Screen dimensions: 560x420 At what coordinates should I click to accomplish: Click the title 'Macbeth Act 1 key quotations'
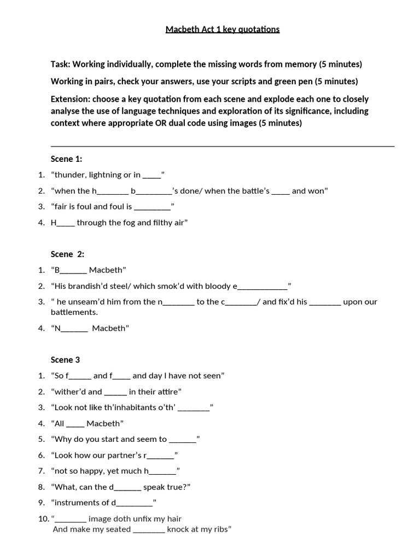[223, 30]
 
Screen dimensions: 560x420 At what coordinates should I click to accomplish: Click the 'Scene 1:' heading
[66, 159]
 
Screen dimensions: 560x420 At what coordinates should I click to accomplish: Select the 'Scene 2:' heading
[67, 254]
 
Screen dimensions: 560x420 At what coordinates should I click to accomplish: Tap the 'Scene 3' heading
[65, 360]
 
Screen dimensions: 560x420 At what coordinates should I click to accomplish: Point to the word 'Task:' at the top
[60, 65]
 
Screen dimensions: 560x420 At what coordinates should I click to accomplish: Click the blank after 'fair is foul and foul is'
[152, 207]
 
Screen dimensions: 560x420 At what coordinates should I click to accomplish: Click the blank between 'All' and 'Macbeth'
[76, 424]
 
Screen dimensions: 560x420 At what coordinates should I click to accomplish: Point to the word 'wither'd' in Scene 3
[69, 392]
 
